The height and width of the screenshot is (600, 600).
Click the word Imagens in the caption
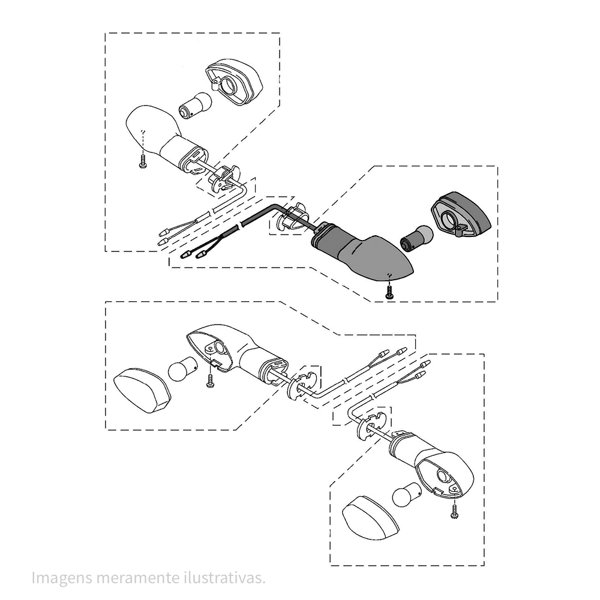tap(61, 578)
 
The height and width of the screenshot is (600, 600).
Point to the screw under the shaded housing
tap(389, 292)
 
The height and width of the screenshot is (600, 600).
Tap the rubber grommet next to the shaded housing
tap(293, 218)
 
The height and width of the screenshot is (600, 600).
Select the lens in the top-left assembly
tap(234, 82)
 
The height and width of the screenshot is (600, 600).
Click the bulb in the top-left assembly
tap(195, 105)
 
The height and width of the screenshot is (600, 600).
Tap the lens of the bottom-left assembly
tap(142, 391)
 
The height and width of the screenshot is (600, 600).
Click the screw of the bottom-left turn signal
tap(209, 380)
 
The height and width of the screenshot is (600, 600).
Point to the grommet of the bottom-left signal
tap(302, 385)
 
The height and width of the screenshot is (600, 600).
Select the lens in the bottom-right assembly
tap(370, 518)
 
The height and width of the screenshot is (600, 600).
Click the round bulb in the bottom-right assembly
tap(408, 494)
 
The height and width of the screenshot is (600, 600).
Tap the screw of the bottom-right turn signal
tap(454, 511)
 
